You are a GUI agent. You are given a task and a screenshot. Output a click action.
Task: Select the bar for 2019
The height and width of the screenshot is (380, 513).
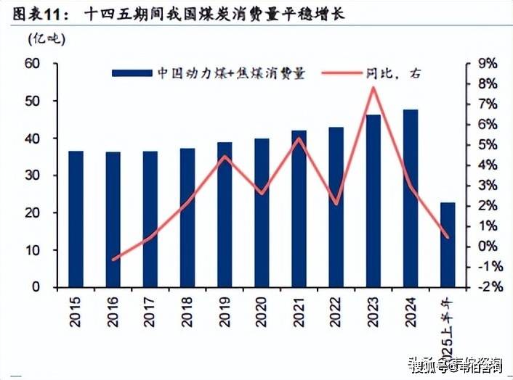click(x=225, y=215)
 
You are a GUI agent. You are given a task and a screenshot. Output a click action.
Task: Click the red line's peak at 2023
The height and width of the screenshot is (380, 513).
click(x=373, y=88)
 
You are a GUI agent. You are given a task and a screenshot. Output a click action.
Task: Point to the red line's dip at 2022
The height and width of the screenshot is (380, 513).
click(x=336, y=204)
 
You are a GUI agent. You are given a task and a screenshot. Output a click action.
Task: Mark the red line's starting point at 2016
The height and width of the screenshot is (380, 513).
click(x=113, y=259)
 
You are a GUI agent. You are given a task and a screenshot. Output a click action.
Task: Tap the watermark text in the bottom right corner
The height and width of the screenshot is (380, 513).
click(x=455, y=366)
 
